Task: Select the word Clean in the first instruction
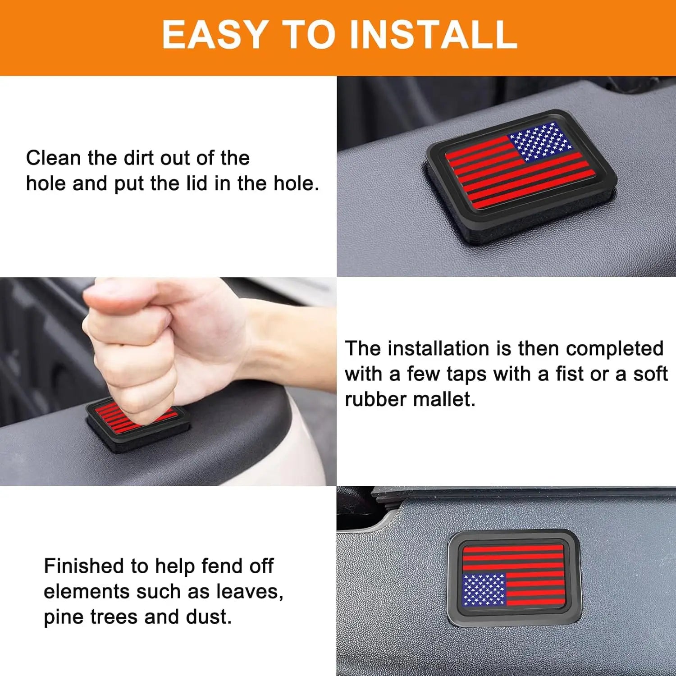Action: click(54, 158)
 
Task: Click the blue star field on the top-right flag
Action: click(539, 142)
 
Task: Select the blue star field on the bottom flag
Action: click(484, 589)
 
